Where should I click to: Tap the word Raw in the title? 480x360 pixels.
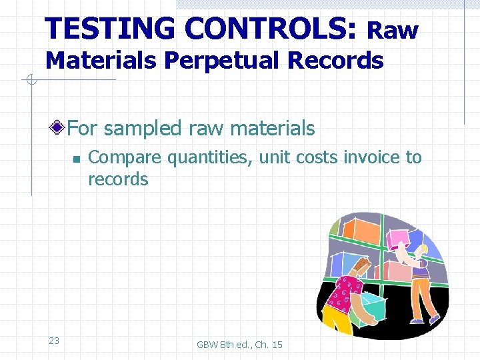(393, 31)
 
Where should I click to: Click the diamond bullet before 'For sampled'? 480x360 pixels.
(59, 127)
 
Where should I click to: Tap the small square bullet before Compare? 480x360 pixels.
(76, 159)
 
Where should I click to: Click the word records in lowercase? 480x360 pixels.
(118, 179)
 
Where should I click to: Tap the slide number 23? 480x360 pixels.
(54, 341)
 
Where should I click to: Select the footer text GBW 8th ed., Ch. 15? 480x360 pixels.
(239, 345)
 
